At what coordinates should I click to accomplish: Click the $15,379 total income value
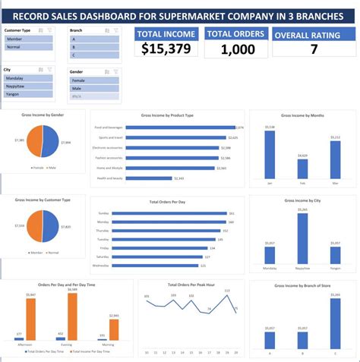[166, 49]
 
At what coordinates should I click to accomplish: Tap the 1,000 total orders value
[235, 49]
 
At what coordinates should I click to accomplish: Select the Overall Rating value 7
[313, 49]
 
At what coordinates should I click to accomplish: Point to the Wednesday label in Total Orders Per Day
[103, 266]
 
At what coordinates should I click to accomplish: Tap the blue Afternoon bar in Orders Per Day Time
[20, 338]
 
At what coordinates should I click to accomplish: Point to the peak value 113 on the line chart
[226, 291]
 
